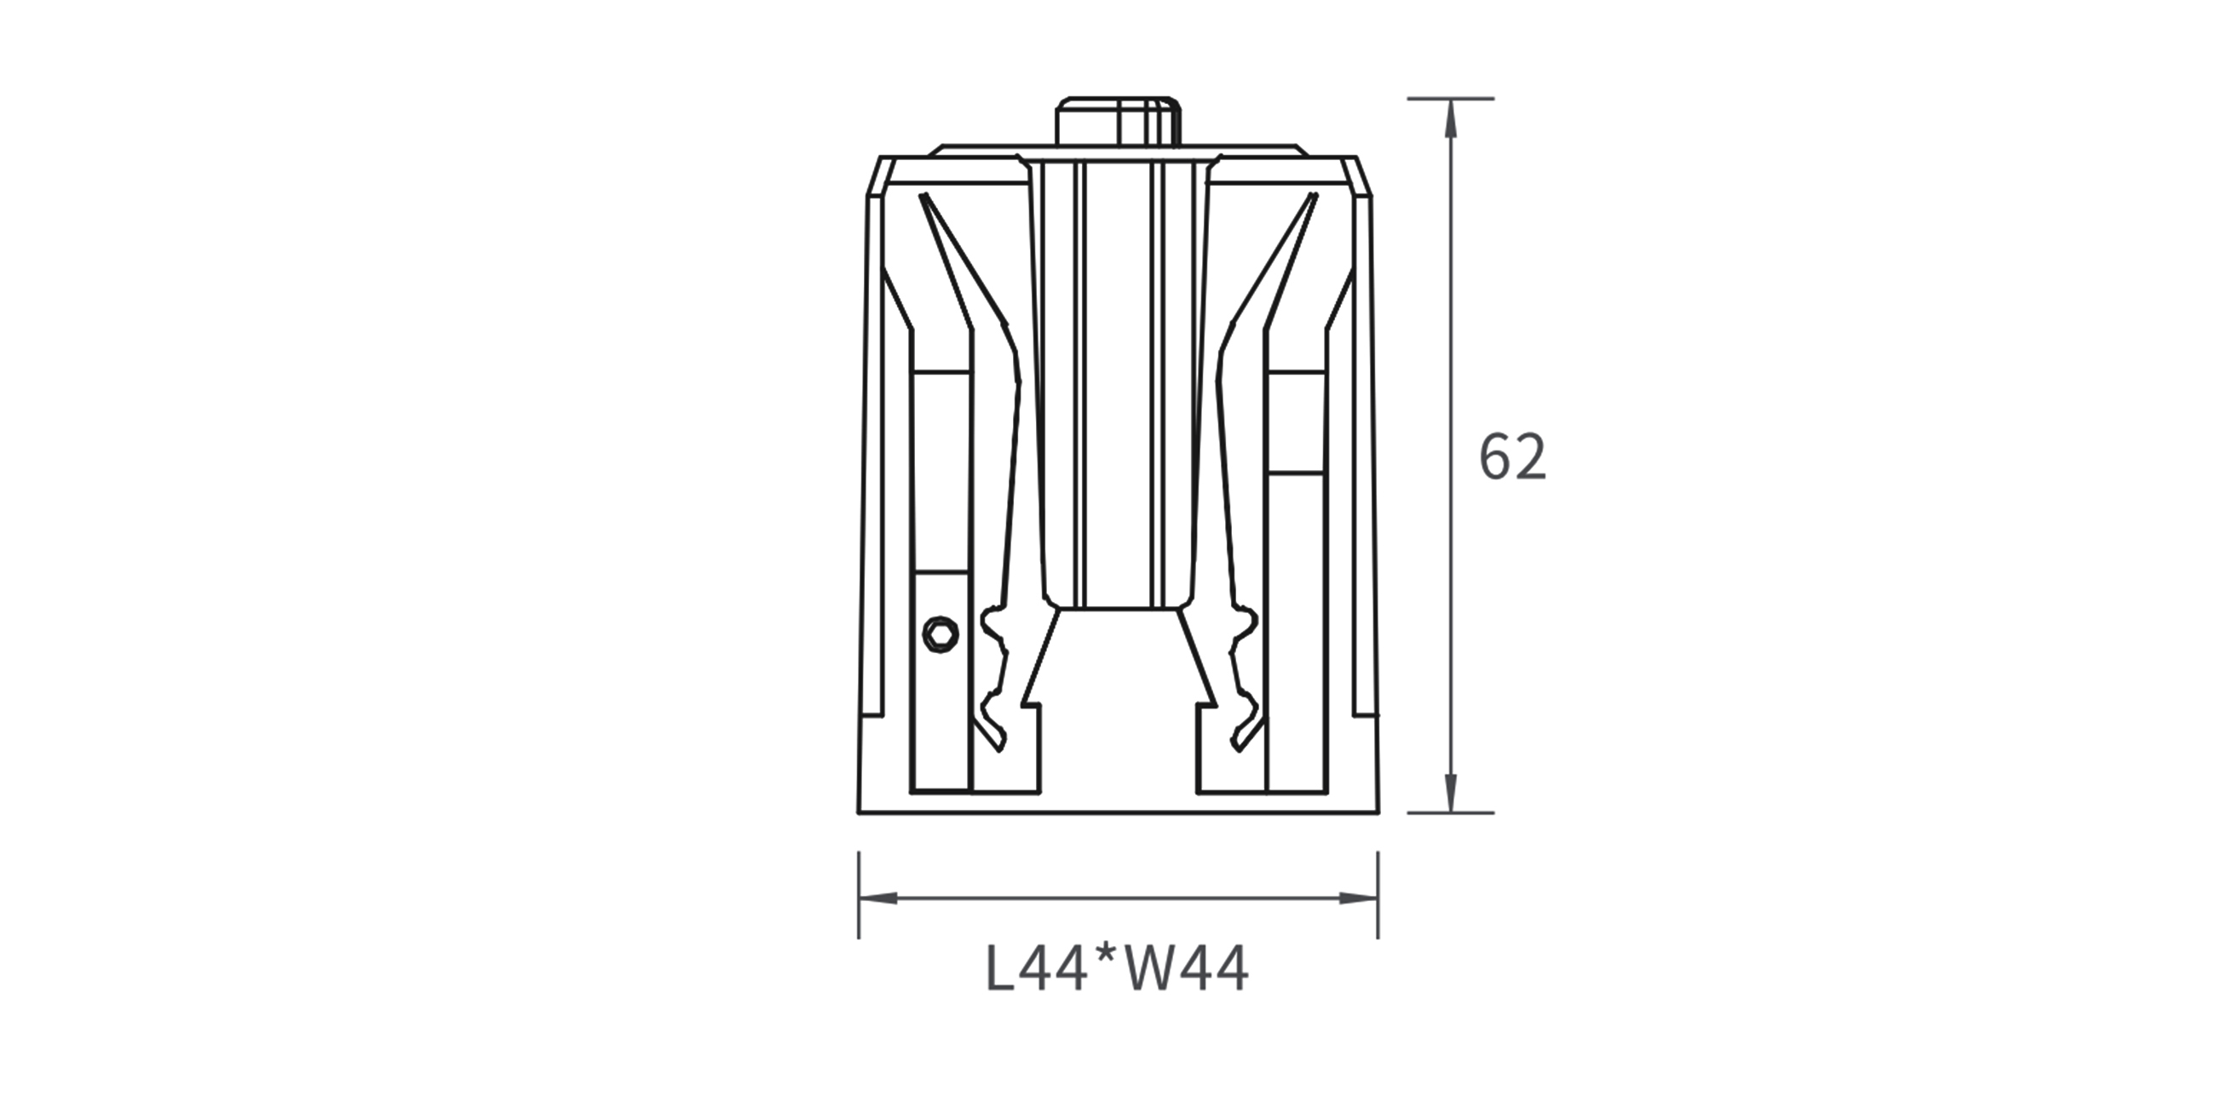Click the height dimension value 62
(1512, 457)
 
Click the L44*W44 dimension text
(1117, 971)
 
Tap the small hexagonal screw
(941, 634)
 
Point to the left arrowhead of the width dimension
(879, 898)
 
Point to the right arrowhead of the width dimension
(1359, 898)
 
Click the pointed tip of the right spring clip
(1314, 196)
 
